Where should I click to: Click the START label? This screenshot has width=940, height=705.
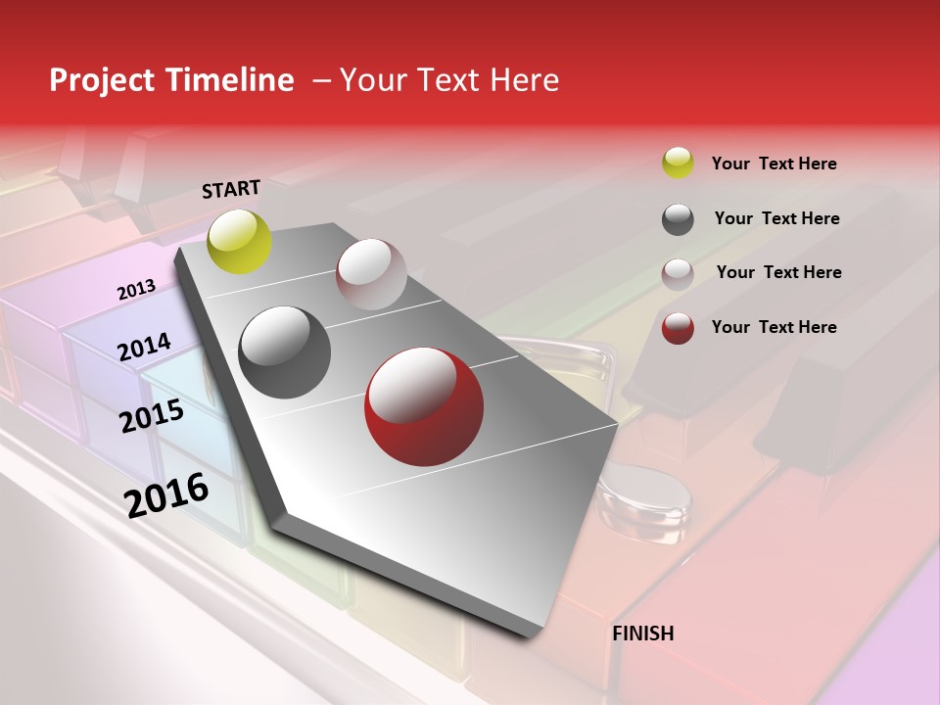click(x=231, y=189)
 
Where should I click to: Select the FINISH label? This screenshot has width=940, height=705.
click(x=643, y=634)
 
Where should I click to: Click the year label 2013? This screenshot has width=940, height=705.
click(x=137, y=290)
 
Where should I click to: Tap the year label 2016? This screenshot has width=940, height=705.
click(x=166, y=494)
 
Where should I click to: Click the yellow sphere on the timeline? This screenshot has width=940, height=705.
click(x=240, y=241)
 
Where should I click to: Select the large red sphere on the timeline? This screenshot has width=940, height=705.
click(x=423, y=405)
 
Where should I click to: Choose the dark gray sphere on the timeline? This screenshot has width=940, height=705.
click(x=285, y=352)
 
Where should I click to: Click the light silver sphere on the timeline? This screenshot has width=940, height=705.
click(x=371, y=274)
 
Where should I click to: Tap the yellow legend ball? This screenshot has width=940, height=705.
click(x=678, y=164)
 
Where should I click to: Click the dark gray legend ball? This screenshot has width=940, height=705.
click(x=678, y=219)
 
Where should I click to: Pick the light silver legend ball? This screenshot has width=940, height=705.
click(x=678, y=274)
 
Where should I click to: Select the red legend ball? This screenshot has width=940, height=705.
click(x=678, y=328)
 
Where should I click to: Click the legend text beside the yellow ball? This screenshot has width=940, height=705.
click(x=774, y=164)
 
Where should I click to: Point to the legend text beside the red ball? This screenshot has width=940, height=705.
click(x=774, y=327)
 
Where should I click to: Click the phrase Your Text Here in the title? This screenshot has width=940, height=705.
click(x=449, y=80)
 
